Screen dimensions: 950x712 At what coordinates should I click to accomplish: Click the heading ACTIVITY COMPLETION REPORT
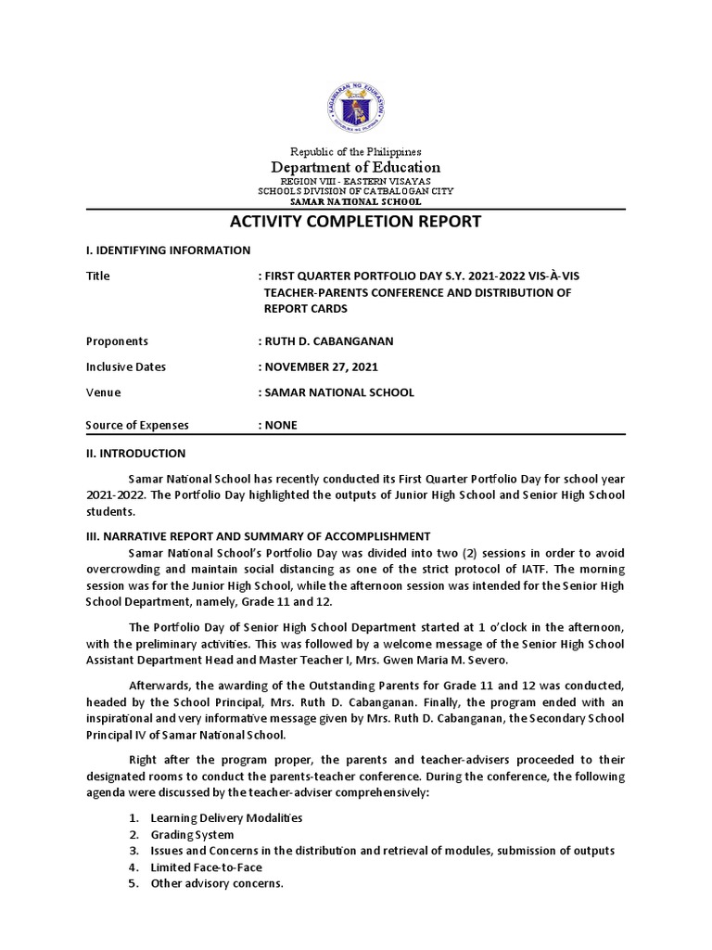356,222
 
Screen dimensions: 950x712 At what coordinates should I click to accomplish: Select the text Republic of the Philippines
356,151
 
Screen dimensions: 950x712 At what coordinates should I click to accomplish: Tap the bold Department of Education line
356,167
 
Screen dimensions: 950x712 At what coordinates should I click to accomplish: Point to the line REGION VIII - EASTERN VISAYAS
356,181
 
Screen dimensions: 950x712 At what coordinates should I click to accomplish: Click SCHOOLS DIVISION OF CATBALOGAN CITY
356,191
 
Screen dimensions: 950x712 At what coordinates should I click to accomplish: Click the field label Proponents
117,341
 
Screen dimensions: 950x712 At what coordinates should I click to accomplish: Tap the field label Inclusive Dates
126,366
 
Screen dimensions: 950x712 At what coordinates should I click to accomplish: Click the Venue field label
103,392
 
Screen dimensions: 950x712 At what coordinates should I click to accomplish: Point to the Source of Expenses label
137,426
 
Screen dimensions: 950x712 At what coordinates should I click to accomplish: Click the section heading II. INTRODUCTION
135,454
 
